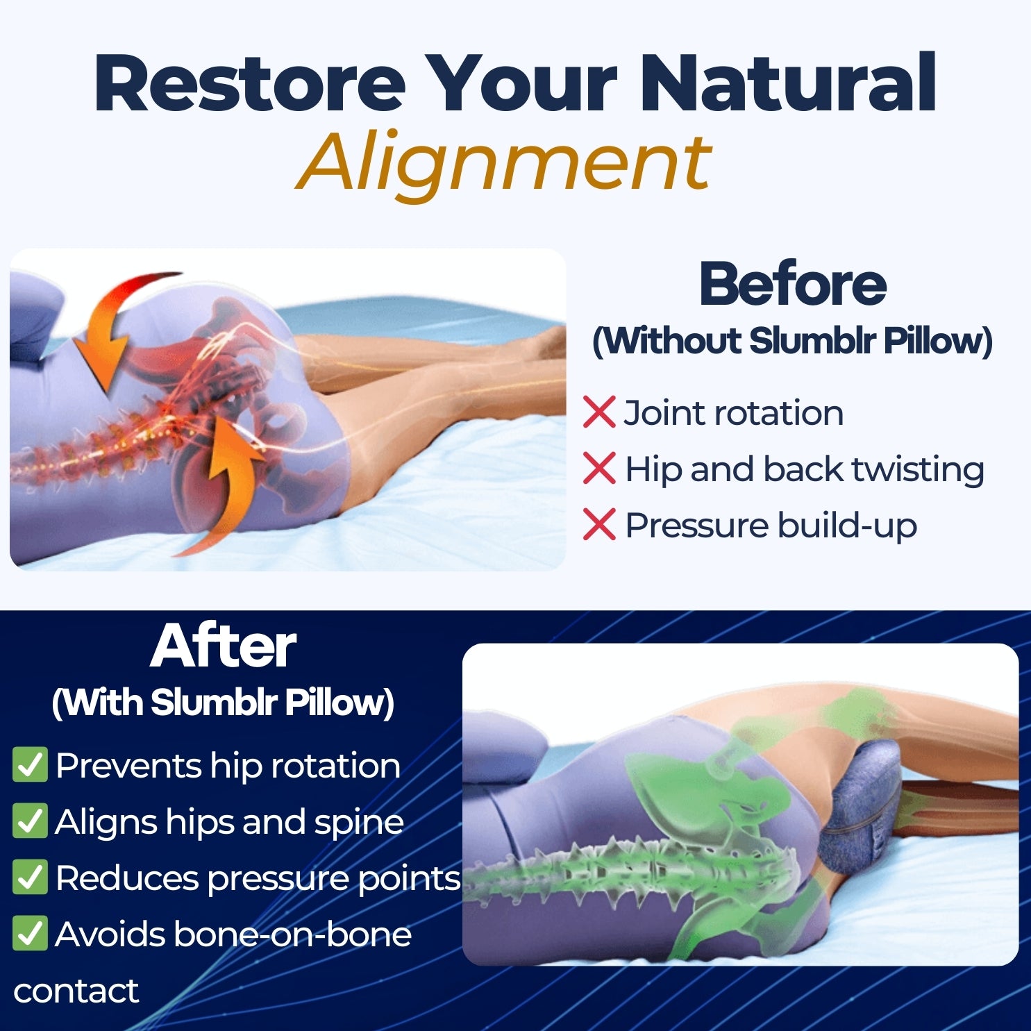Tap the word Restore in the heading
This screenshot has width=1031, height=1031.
pos(250,83)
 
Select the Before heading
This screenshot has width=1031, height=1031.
pos(792,284)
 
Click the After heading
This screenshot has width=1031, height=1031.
pos(224,646)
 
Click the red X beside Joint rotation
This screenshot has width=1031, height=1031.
pos(599,412)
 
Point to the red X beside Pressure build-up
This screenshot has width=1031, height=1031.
pos(599,525)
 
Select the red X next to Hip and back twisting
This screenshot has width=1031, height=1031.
pos(599,469)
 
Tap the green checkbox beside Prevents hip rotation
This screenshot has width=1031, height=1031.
pos(30,765)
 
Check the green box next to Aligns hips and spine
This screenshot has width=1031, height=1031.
pos(30,821)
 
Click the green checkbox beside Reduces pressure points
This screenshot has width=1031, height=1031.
pos(30,878)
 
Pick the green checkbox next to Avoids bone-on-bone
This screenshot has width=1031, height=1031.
pos(30,934)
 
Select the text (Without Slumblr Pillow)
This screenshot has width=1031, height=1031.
pos(792,341)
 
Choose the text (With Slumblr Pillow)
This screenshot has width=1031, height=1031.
pos(224,703)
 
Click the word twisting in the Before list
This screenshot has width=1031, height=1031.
pos(918,469)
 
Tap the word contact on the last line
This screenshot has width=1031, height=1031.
pos(76,991)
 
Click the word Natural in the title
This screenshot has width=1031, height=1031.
pos(788,83)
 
